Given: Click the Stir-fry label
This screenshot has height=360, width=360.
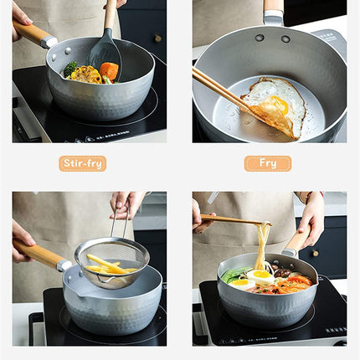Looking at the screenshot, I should tap(82, 163).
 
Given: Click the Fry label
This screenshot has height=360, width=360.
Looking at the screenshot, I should tap(267, 163).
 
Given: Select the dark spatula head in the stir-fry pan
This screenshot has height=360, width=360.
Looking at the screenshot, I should tap(105, 55).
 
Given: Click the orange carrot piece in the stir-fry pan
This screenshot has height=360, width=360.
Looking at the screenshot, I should tap(109, 72).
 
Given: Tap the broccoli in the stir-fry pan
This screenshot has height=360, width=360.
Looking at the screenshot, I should tap(71, 69).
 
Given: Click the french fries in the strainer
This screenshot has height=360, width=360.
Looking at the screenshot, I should tap(107, 265).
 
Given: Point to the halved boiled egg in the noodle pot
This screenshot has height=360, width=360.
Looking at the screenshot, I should tap(261, 275).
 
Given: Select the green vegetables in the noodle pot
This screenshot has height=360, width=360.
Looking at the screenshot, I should tap(235, 275).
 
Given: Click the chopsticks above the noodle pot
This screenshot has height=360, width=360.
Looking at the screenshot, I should tap(230, 220).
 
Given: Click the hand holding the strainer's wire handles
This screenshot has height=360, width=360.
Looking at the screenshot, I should tap(126, 203).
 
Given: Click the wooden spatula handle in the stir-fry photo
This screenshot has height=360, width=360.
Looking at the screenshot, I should tap(109, 15).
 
